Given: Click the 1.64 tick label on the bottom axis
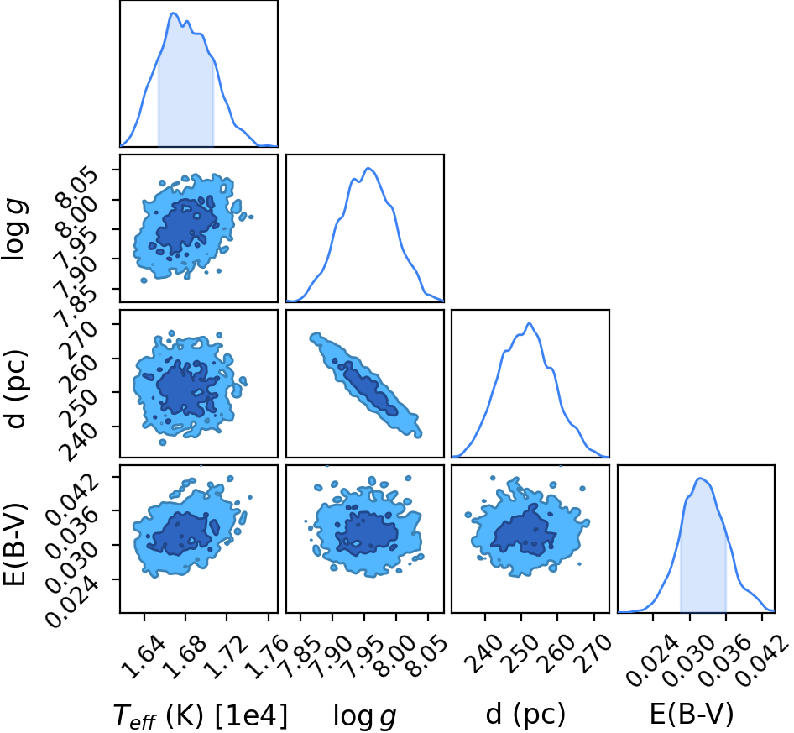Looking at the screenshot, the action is tap(144, 657).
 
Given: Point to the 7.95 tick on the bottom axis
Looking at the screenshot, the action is tap(364, 657).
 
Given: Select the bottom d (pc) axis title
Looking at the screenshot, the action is tap(525, 715).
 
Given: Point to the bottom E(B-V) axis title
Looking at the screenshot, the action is tap(692, 715).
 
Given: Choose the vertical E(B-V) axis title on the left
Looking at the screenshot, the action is tap(14, 545).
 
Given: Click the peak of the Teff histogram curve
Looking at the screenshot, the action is tap(173, 13).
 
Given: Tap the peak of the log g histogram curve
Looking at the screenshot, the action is tap(368, 168).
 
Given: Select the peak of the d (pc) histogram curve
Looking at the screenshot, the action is tap(529, 323).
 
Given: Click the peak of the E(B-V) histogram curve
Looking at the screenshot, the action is tap(700, 479).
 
